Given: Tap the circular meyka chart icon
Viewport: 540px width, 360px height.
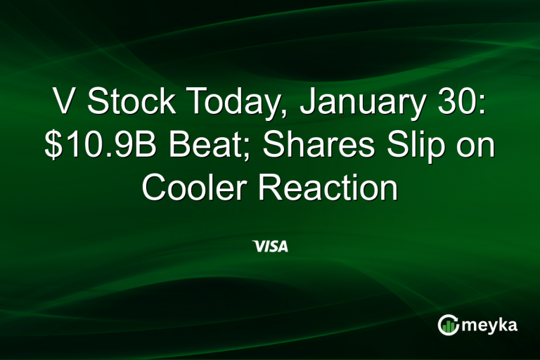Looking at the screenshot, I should (x=448, y=324).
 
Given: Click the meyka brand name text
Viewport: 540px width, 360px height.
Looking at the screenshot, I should (x=489, y=325).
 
